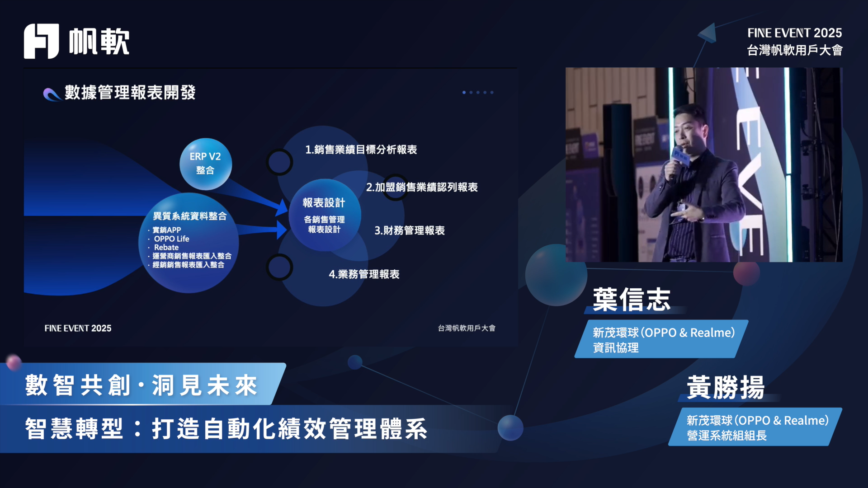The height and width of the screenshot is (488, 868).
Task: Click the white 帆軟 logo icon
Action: [x=41, y=41]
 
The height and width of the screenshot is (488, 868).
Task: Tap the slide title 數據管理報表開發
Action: [x=130, y=93]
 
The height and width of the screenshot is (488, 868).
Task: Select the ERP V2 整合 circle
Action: [x=206, y=164]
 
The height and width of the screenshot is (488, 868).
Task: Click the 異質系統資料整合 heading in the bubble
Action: [x=190, y=216]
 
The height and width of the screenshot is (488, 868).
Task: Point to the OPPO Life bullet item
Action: [x=171, y=239]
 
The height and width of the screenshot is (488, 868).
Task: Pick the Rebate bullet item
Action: [x=166, y=247]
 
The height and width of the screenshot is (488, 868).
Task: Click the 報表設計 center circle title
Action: [x=324, y=203]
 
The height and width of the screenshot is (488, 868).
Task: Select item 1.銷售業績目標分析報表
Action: [x=361, y=150]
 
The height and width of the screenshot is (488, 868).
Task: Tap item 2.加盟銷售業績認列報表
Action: [x=422, y=187]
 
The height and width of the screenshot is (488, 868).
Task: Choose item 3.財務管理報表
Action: [x=410, y=230]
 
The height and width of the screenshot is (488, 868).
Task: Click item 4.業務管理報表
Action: [x=364, y=274]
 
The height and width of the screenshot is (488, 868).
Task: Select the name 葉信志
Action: [x=632, y=299]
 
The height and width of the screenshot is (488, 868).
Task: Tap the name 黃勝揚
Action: [x=726, y=387]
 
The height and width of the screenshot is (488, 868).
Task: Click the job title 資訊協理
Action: [x=616, y=347]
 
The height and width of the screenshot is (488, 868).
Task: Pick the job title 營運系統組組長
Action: [x=727, y=435]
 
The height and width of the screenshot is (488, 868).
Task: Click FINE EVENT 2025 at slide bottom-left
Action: [x=78, y=328]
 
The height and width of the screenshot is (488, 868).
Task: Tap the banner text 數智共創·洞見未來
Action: [x=142, y=385]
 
